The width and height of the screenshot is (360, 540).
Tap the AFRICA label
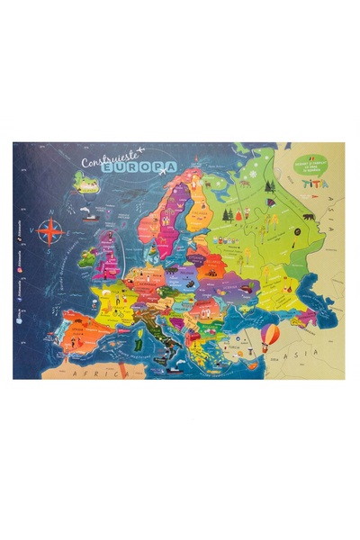coord(98,369)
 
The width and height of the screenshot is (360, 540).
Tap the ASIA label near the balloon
coord(297,355)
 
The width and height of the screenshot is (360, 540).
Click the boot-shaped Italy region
coord(162,324)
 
